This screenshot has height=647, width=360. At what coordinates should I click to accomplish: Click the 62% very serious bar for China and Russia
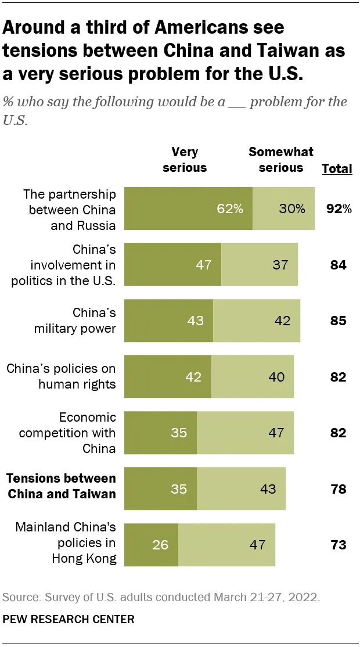tap(189, 209)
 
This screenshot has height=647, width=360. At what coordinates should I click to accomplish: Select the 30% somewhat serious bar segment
tap(284, 209)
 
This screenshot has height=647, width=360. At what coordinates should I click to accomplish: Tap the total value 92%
tap(339, 209)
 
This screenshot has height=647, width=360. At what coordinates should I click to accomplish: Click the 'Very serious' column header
tap(185, 160)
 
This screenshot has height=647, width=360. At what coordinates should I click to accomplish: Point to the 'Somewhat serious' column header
tap(281, 160)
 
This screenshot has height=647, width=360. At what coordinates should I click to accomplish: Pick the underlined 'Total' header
tap(337, 169)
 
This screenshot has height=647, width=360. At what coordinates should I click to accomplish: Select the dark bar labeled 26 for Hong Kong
tap(152, 545)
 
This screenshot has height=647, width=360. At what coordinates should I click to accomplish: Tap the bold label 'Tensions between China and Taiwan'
tap(61, 487)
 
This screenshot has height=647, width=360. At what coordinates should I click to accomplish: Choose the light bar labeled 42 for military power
tap(257, 321)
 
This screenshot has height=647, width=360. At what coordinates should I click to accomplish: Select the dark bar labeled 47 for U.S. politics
tap(173, 265)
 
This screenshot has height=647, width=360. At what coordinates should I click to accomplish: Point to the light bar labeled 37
tap(260, 265)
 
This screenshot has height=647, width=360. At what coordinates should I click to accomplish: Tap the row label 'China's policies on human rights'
tap(61, 376)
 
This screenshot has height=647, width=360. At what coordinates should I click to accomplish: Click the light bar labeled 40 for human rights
tap(253, 376)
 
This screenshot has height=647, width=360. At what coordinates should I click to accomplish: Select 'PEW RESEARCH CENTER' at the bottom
tap(69, 619)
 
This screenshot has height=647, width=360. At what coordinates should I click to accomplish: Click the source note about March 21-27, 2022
tap(161, 597)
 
